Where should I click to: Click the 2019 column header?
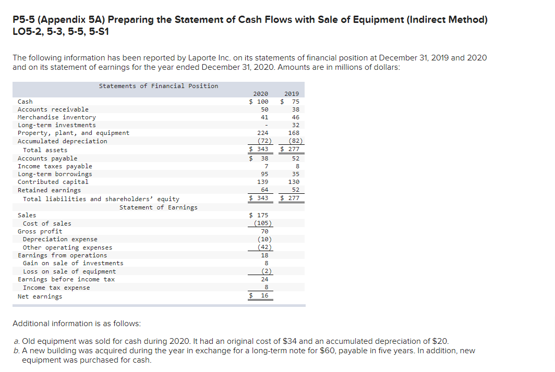tap(292, 94)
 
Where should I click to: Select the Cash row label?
tap(25, 102)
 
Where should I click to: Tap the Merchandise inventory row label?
tap(56, 117)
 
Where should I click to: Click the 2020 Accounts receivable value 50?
tap(264, 109)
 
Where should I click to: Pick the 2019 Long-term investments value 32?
tap(295, 125)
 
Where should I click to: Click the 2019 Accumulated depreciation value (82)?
tap(294, 141)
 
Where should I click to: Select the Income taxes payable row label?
tap(55, 166)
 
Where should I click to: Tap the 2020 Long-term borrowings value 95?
tap(264, 174)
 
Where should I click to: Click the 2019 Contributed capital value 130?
tap(293, 182)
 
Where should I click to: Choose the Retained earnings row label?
tap(49, 190)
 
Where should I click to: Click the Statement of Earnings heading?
tap(158, 207)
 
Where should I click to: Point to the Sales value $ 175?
tap(259, 215)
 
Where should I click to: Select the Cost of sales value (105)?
tap(262, 224)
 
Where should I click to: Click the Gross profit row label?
tap(40, 231)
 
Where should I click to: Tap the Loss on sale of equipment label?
tap(69, 271)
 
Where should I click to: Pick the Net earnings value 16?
tap(264, 296)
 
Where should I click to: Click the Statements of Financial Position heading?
tap(158, 86)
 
